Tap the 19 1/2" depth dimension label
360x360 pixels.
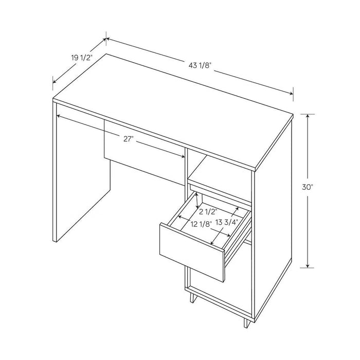tap(81, 58)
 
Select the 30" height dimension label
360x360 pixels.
tap(308, 188)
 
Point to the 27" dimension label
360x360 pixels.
tap(129, 138)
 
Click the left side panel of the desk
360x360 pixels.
tap(82, 175)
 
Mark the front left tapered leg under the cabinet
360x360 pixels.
tap(191, 297)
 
